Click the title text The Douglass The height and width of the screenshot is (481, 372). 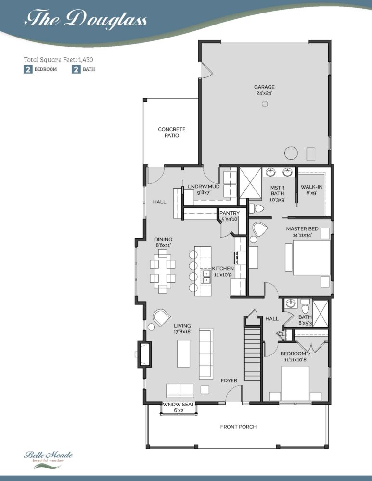coord(86,19)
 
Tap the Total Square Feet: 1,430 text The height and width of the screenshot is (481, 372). coord(58,60)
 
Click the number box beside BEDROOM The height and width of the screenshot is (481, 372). coord(28,69)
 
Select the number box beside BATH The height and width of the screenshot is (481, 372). coord(76,69)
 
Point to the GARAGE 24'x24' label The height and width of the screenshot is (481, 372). coord(264,90)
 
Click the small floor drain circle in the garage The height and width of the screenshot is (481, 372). coord(265,104)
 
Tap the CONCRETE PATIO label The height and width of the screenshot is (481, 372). coord(172,132)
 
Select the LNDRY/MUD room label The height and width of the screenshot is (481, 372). coord(204,189)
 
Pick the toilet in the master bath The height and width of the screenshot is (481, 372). coord(257,209)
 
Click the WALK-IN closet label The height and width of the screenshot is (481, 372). coord(311,190)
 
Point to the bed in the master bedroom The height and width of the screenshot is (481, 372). coord(311,257)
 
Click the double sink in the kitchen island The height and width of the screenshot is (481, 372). coord(206,277)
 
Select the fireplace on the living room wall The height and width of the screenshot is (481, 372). coord(144,354)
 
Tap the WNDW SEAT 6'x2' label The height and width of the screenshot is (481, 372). coord(178,407)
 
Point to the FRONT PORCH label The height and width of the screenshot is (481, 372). coord(239,426)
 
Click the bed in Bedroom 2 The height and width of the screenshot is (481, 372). coord(295,383)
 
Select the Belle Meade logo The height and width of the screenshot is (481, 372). coord(48,459)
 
